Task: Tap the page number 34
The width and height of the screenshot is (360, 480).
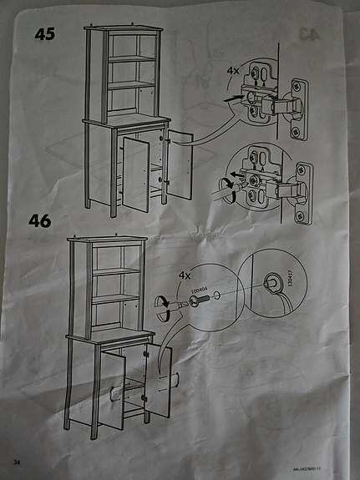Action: pos(16,461)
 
